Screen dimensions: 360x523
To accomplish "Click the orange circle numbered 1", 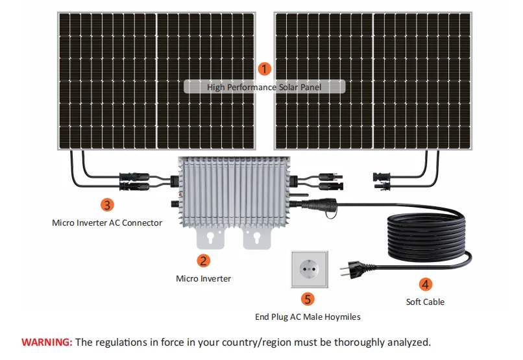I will pos(264,67).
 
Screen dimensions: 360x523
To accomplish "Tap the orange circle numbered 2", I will pos(204,261).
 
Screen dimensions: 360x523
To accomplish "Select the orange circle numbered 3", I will pos(108,204).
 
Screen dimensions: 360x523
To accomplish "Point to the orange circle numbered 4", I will pos(426,284).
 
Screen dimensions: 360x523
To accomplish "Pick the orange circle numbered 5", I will pos(308,299).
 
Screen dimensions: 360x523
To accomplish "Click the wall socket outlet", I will pos(308,270).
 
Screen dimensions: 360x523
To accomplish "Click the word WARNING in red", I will pos(47,342).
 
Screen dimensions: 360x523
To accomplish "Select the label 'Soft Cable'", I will pos(425,302).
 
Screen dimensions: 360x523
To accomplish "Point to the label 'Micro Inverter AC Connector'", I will pos(107,222).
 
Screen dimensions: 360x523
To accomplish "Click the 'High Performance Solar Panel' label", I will pos(264,87).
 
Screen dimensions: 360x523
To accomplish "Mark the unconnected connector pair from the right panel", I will pos(384,180).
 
